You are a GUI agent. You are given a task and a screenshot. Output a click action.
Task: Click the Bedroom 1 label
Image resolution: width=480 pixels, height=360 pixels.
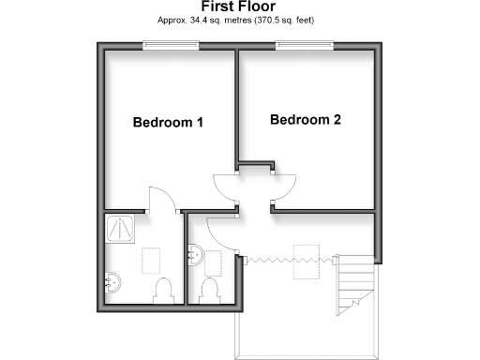coord(168,123)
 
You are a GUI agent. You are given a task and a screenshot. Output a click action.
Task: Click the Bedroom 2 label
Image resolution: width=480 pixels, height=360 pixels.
coord(305,120)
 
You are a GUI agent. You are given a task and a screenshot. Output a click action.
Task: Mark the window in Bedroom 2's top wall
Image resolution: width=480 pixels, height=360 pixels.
coord(305,44)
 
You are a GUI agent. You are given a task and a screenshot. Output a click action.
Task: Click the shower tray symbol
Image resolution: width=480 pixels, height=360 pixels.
coord(120,227)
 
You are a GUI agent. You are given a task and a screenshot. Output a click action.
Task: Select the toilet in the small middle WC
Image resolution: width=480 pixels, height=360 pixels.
coord(211,290)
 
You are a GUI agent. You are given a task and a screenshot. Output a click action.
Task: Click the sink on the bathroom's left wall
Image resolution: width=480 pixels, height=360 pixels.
coord(111,279)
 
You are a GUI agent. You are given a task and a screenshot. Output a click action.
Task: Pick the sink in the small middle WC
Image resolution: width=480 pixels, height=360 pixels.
coord(195,254)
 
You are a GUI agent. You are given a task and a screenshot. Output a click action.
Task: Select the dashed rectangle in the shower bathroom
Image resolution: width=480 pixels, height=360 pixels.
coord(150,260)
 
